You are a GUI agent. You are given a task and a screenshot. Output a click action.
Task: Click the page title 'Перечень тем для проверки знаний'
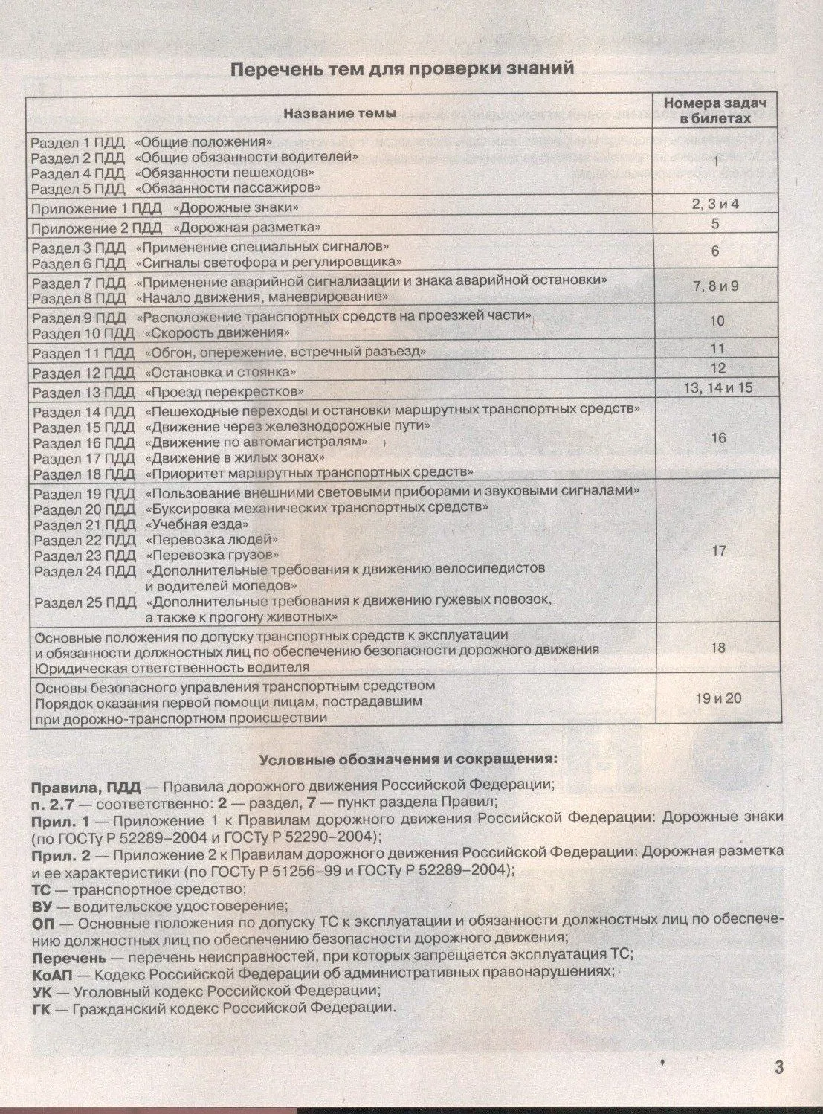tap(403, 68)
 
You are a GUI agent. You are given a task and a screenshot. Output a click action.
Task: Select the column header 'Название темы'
tap(340, 113)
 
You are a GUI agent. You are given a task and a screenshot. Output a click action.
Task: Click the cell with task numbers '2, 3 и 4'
tap(714, 204)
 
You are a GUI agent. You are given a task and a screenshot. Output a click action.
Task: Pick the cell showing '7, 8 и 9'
tap(715, 286)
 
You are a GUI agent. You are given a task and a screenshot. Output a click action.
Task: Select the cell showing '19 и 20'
tap(717, 698)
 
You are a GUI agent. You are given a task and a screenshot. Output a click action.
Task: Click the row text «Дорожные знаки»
tap(236, 207)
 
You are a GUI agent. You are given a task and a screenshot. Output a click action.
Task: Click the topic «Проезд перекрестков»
tap(225, 392)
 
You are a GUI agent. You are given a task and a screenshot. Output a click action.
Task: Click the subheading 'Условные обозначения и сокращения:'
tap(407, 760)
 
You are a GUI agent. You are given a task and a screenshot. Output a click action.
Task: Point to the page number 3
tap(778, 1067)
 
